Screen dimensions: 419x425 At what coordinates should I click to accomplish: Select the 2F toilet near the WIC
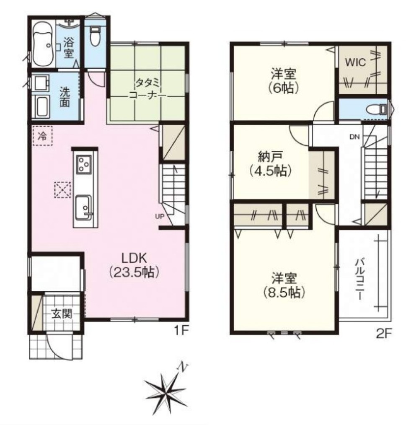pyautogui.click(x=376, y=109)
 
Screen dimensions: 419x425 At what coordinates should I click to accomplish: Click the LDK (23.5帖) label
pyautogui.click(x=134, y=265)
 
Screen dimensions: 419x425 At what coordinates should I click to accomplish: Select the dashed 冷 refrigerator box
pyautogui.click(x=42, y=136)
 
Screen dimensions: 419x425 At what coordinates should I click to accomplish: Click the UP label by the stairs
pyautogui.click(x=160, y=216)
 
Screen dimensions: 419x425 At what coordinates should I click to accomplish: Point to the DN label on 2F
pyautogui.click(x=354, y=137)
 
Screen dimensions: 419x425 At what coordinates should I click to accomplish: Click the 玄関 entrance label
pyautogui.click(x=62, y=314)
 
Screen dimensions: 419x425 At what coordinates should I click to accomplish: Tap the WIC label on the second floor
pyautogui.click(x=355, y=62)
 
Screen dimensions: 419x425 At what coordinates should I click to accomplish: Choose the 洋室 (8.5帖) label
pyautogui.click(x=284, y=285)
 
